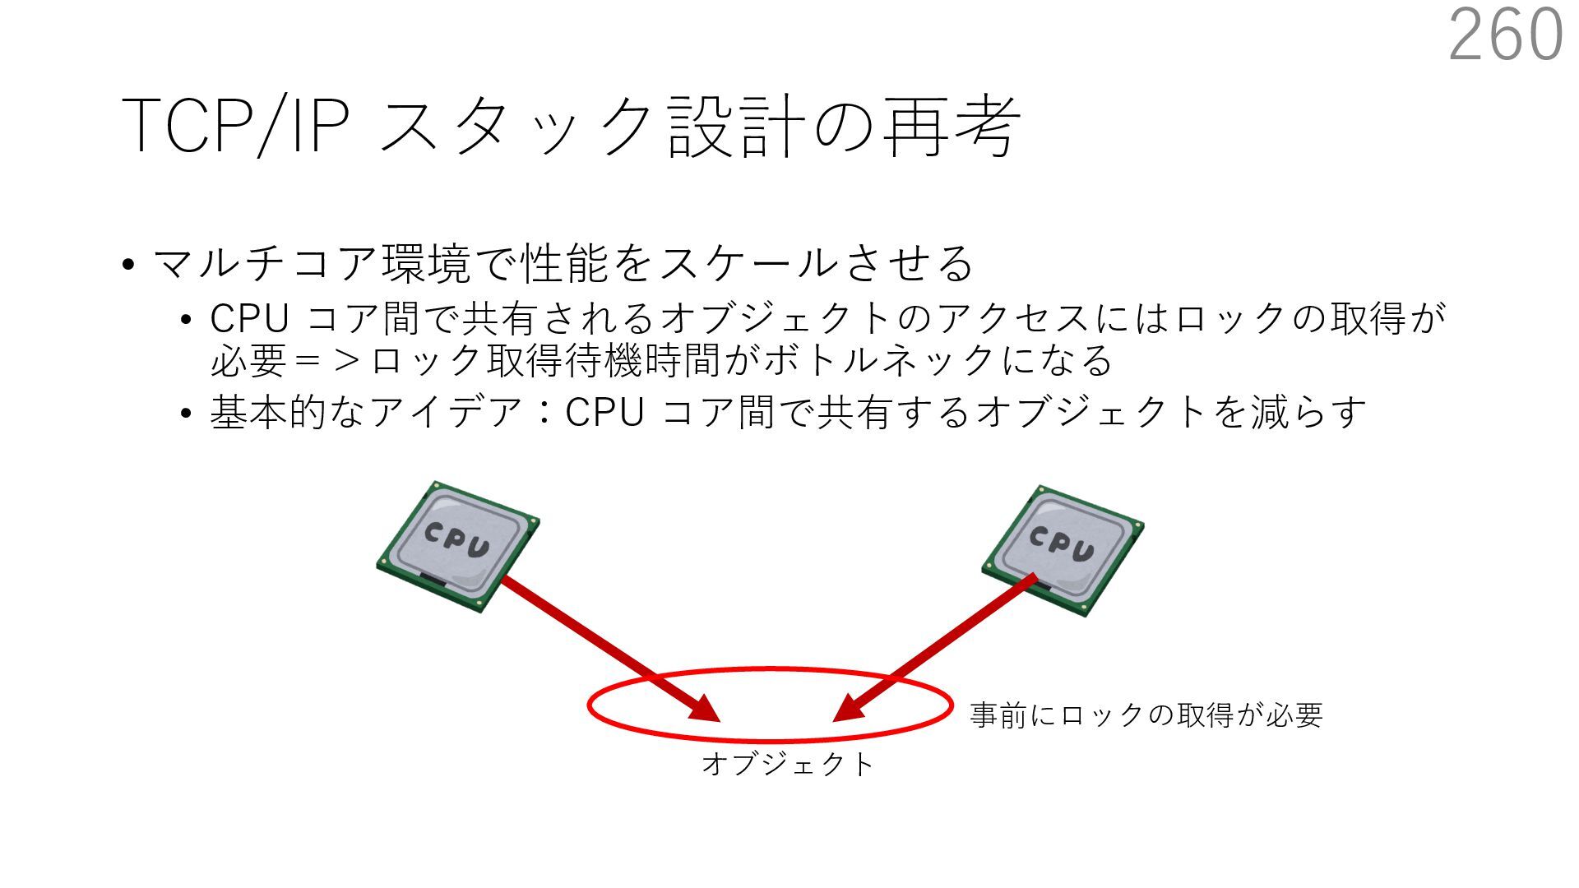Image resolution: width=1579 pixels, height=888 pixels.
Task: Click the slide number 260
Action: click(1505, 35)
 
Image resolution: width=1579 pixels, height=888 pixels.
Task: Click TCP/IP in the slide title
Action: click(235, 126)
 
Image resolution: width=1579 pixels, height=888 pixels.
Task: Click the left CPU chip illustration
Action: click(457, 546)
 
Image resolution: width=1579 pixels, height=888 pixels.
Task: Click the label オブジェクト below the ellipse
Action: click(787, 765)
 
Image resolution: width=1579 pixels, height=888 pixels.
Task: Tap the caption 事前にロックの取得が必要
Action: click(1146, 715)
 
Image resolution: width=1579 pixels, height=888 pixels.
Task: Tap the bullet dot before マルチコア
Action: click(127, 266)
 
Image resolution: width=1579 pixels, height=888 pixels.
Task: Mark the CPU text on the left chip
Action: click(456, 539)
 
